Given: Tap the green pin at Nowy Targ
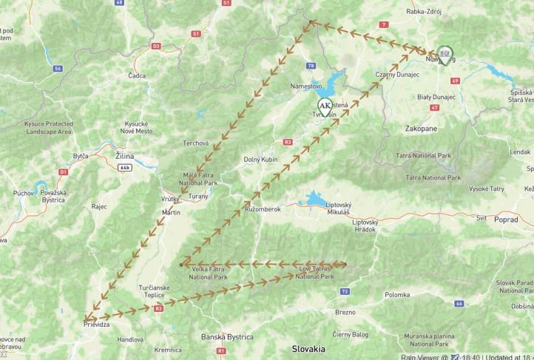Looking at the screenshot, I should point(445,54).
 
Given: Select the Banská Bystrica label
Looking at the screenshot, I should point(227,336).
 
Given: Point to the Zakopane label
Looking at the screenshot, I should point(421,128).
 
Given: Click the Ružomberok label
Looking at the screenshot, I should point(263,209).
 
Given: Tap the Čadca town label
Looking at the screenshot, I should point(137,75).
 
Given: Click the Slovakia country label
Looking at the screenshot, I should point(308,347).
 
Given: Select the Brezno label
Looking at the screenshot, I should point(345,312).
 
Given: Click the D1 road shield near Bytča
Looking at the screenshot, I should point(64,171).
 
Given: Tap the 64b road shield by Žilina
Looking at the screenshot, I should point(124,167).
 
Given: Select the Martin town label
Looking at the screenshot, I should point(171,212).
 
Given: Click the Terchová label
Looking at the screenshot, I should point(196,143).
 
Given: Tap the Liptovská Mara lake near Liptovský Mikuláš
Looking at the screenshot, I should point(314,200).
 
